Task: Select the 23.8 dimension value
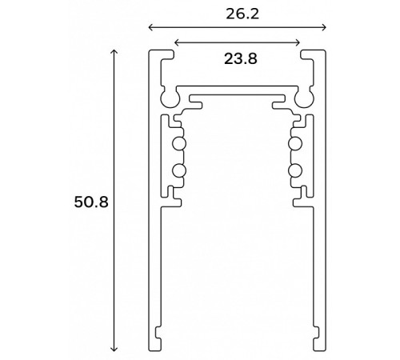(237, 58)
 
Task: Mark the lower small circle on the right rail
(294, 170)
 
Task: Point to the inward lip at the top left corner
(167, 55)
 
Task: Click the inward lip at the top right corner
(306, 55)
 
